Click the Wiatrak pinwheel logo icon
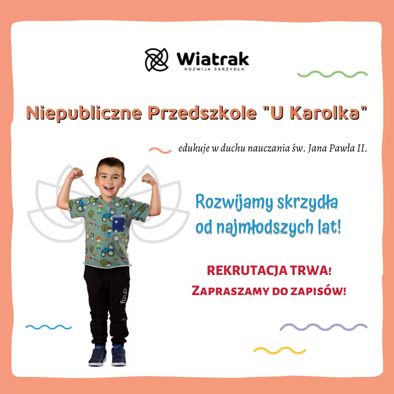click(157, 60)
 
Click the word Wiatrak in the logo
click(213, 58)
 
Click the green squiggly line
click(332, 74)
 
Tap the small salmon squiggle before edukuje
click(160, 150)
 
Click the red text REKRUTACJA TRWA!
click(269, 271)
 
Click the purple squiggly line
click(323, 327)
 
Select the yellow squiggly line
click(279, 350)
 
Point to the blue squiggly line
click(48, 327)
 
